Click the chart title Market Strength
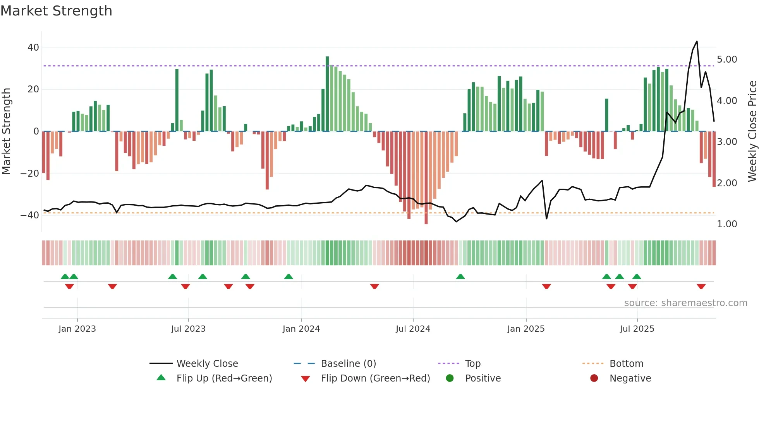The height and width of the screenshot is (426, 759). coord(56,11)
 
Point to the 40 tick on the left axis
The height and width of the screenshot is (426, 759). coord(33,48)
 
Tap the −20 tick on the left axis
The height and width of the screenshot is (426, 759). coord(29,173)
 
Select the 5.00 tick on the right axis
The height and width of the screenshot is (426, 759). coord(727,60)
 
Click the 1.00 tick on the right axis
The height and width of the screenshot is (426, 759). coord(727,224)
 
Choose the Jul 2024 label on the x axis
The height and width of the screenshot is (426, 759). coord(413,329)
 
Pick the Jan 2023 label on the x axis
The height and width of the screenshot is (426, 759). coord(77,329)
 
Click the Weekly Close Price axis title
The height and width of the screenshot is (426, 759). coord(752,131)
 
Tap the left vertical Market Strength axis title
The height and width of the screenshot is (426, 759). coord(6,131)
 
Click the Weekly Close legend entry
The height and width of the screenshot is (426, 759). coord(207,364)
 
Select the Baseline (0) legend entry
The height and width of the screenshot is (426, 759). coord(348,364)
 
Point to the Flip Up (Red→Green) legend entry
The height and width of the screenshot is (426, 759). coord(224,378)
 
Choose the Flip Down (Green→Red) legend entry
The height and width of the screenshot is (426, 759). coord(375,378)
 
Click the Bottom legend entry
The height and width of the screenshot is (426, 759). coord(626,364)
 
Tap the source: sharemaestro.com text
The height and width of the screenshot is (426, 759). coord(685,303)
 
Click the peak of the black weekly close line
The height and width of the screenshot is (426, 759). coord(697,41)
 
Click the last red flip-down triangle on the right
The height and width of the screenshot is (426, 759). coord(701,286)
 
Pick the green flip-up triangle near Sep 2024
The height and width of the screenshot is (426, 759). coord(460,276)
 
